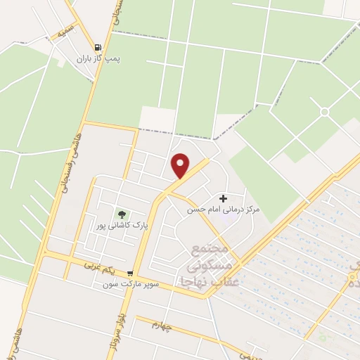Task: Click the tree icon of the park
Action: pos(122,214)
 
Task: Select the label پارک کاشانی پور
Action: pos(122,226)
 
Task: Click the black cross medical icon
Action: pos(224,199)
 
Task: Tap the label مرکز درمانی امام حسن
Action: pos(224,210)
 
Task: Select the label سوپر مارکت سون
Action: pos(127,284)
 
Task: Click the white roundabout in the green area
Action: pos(324,112)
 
